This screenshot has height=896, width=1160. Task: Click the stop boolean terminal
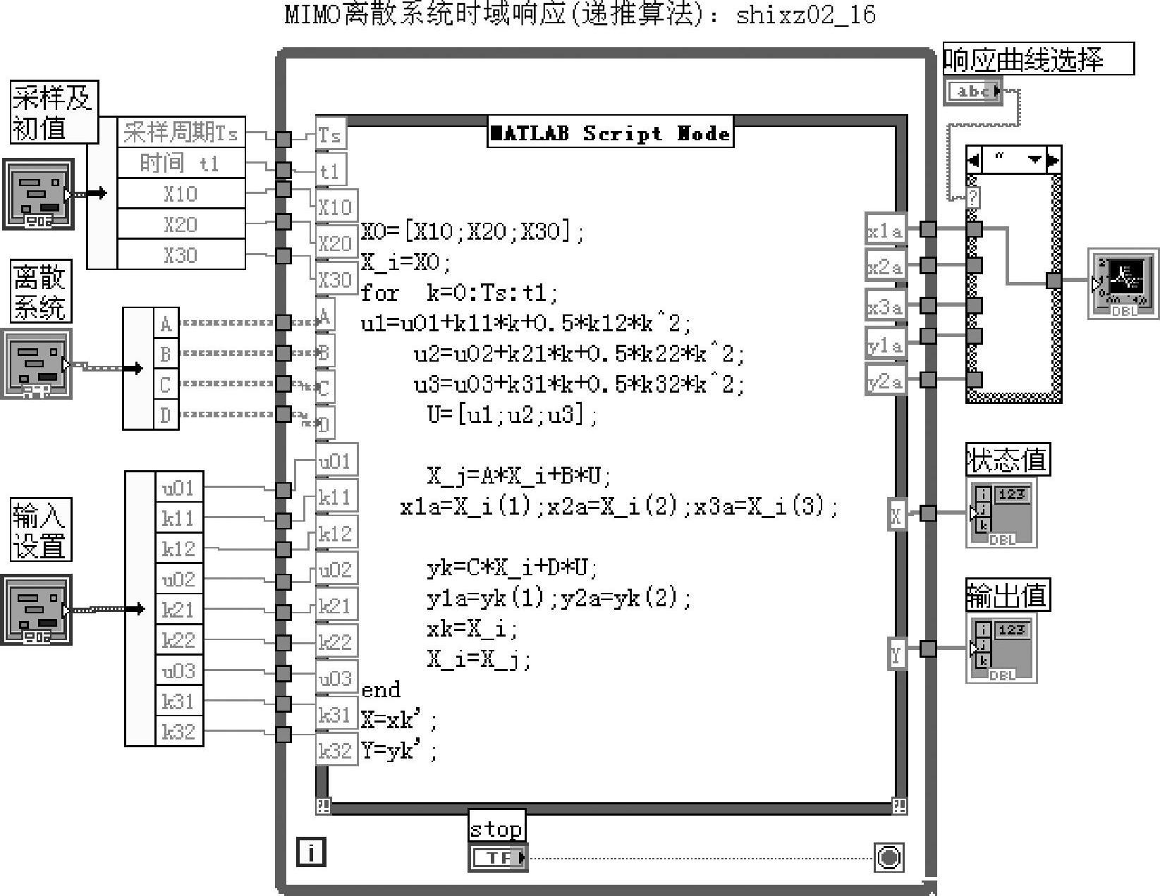point(498,857)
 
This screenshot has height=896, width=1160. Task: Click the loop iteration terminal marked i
point(311,852)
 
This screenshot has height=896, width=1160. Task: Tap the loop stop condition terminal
point(889,857)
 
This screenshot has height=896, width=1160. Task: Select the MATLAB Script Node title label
point(611,133)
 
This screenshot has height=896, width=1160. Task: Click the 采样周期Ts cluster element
point(181,133)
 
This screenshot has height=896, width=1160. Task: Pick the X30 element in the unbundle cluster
point(181,254)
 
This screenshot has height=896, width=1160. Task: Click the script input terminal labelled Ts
point(329,135)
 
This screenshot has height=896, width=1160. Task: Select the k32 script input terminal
point(336,751)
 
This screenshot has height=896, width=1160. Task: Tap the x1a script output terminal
point(885,231)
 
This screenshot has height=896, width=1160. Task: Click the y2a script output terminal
point(885,381)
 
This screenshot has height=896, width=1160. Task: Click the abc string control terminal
point(973,91)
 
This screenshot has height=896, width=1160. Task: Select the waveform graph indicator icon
point(1123,283)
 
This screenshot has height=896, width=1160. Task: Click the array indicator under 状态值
point(1002,513)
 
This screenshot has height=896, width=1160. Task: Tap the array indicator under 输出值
point(1002,649)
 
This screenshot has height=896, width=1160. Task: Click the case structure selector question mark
point(973,197)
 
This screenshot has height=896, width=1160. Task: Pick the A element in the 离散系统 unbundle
point(166,324)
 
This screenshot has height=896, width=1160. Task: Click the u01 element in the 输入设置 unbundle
point(178,488)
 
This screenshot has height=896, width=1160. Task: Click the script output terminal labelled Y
point(896,654)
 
